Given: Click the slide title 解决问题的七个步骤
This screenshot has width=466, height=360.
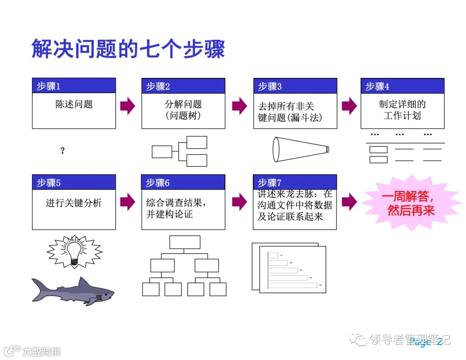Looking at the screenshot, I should (x=128, y=49).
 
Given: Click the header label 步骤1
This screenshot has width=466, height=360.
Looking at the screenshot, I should (x=48, y=86).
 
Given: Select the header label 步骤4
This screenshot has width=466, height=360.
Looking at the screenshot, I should (x=377, y=86).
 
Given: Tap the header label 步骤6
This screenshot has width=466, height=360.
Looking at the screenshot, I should (x=157, y=183).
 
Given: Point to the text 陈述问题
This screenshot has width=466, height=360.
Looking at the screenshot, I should (x=74, y=104).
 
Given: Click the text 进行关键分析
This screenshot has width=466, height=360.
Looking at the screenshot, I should (x=74, y=203).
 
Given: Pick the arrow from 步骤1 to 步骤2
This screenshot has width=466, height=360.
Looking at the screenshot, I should (x=128, y=106).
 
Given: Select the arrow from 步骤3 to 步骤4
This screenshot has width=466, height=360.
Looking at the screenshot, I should (x=349, y=106).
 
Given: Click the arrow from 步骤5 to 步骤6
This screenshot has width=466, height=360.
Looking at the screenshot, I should (x=128, y=201).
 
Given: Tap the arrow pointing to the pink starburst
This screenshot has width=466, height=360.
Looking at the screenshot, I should (x=349, y=201).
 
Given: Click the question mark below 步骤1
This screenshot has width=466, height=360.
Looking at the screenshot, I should (x=63, y=150).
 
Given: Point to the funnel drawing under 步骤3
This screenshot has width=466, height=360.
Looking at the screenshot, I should (x=300, y=149).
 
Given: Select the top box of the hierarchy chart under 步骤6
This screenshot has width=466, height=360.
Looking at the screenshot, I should (x=185, y=242).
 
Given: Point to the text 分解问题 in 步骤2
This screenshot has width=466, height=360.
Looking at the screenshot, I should (x=183, y=104).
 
